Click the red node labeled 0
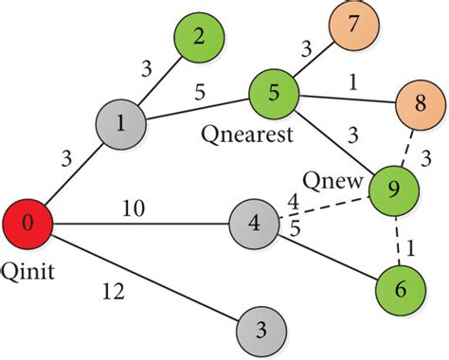(27, 225)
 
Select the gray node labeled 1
(120, 124)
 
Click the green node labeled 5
(274, 93)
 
